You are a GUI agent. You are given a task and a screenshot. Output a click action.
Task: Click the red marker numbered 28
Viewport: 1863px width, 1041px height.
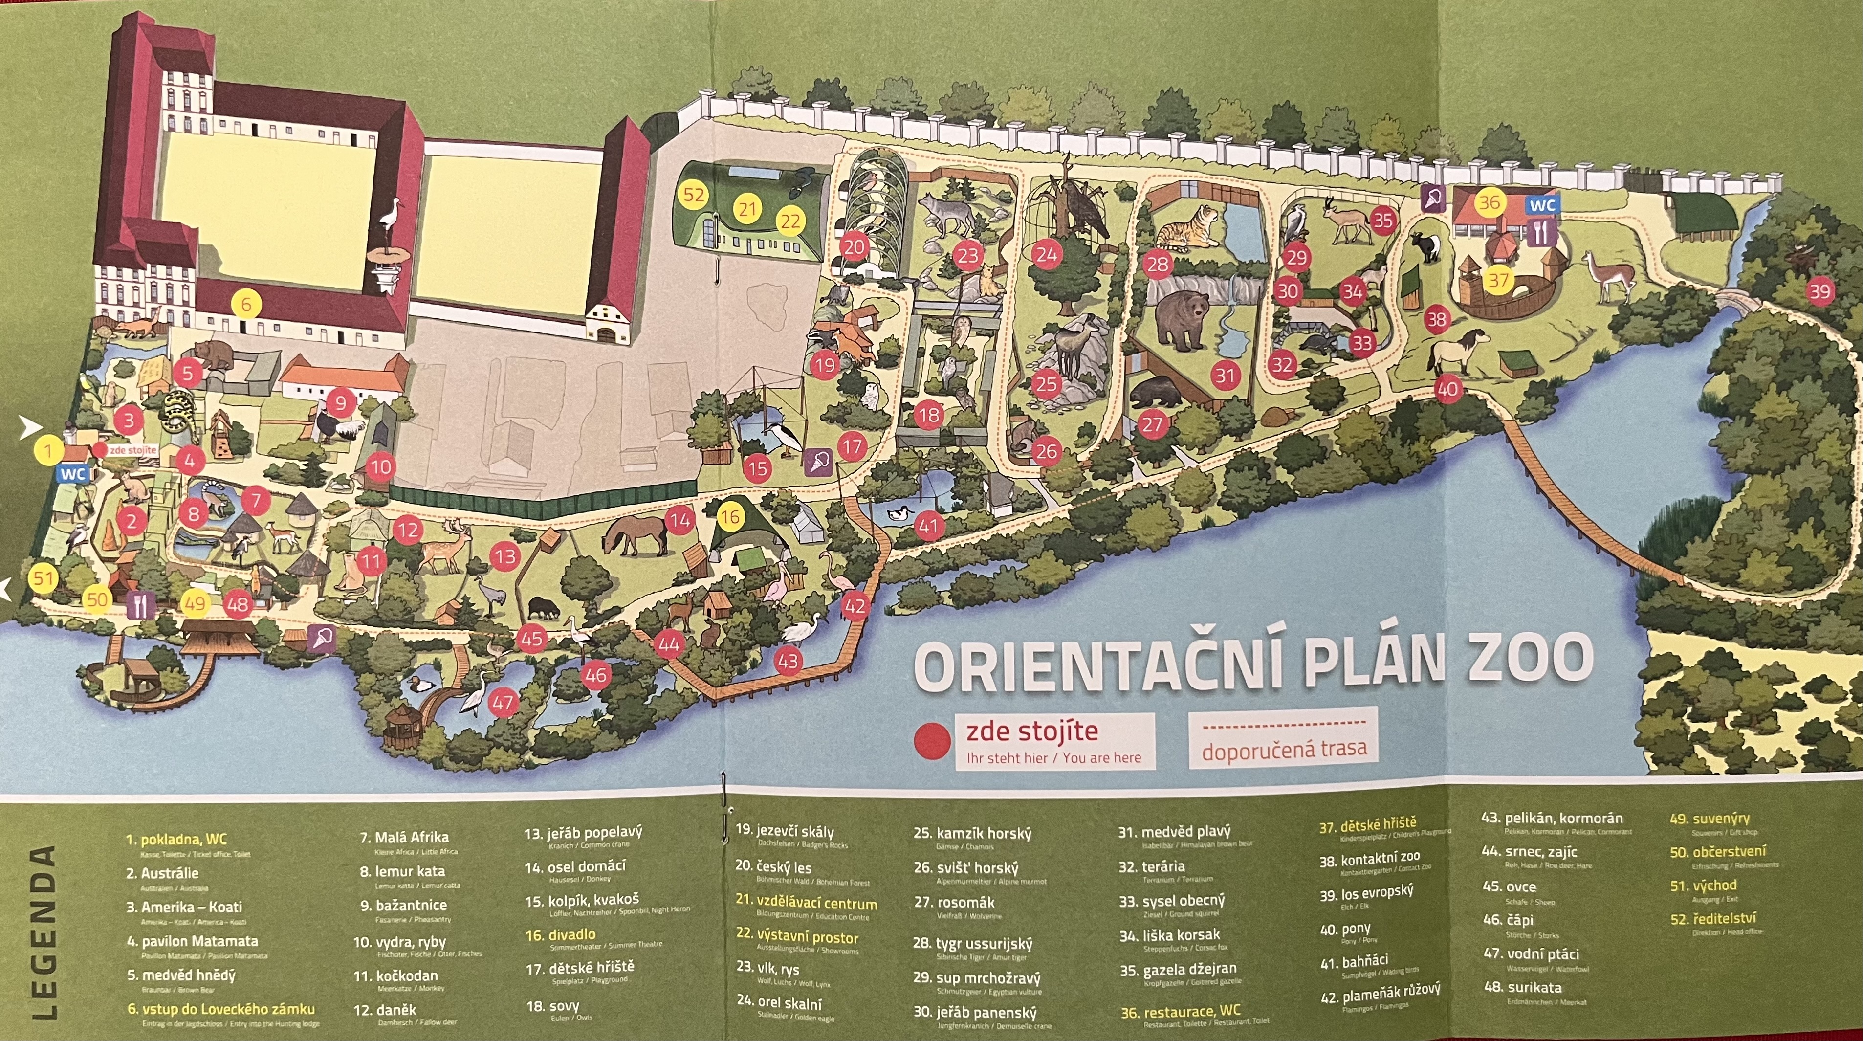click(1157, 264)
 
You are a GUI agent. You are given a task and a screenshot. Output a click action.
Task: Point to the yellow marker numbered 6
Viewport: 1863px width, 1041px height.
click(246, 305)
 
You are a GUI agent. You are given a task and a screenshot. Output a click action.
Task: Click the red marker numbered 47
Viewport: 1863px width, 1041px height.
click(504, 702)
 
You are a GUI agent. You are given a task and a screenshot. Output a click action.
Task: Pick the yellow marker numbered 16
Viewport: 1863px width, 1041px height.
click(730, 516)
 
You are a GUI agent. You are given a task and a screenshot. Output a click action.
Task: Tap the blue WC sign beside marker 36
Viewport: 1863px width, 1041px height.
click(1542, 205)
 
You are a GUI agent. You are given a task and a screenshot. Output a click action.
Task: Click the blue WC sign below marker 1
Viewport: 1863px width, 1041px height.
click(73, 474)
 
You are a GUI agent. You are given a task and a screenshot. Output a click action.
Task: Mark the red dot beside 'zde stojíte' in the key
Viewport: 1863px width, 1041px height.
click(932, 742)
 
